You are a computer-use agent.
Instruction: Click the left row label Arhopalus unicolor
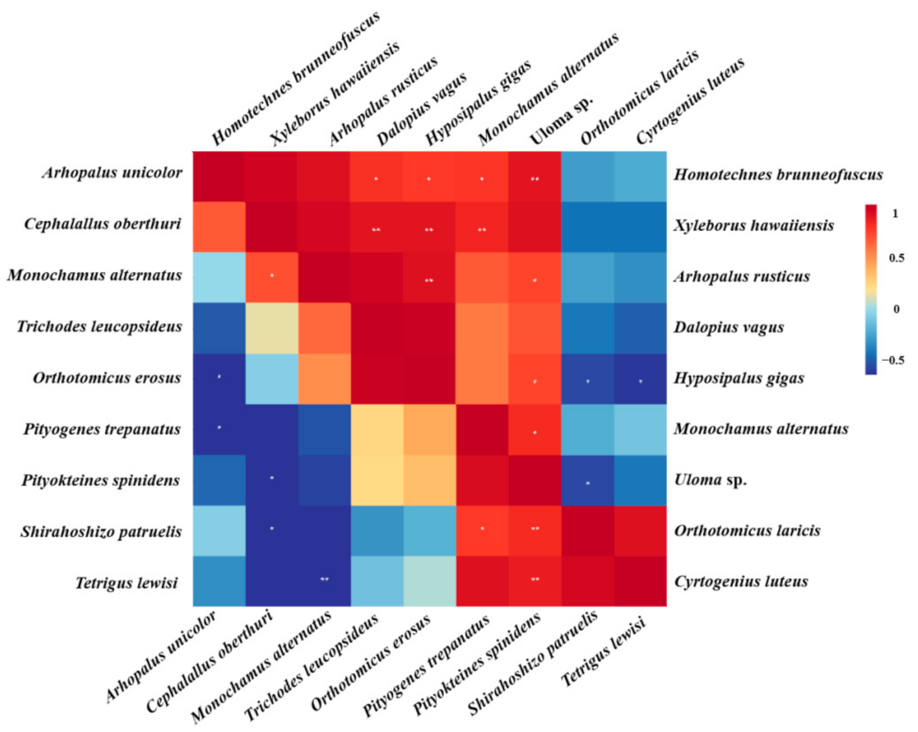coord(112,173)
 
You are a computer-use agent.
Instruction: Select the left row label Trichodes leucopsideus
coord(99,326)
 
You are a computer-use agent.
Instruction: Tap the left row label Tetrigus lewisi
coord(126,583)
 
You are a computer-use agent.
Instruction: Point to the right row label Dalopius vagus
coord(729,327)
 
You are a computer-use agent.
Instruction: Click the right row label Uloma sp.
coord(710,480)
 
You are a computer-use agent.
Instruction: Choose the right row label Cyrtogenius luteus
coord(741,582)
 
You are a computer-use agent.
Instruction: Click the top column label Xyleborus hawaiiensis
coord(334,93)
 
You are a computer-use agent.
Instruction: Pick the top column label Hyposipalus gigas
coord(478,102)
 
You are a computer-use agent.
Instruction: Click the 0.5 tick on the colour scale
coord(897,258)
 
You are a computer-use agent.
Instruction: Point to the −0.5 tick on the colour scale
coord(894,360)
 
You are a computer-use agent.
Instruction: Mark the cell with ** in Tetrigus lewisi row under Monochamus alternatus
coord(325,581)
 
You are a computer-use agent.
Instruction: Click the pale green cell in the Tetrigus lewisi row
coord(430,581)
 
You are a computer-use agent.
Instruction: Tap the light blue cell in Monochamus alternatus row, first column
coord(219,277)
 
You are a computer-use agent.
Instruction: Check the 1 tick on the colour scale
coord(895,214)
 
